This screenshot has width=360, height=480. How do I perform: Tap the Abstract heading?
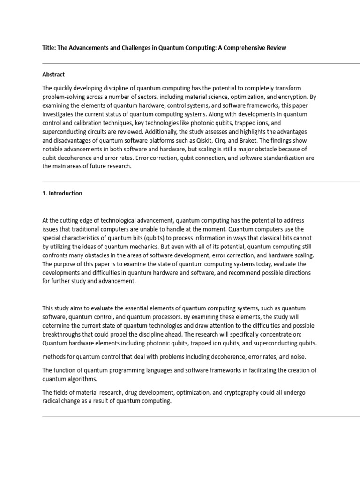[53, 75]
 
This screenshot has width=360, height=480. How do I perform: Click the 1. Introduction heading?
[62, 193]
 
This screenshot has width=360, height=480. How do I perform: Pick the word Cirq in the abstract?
[230, 141]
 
